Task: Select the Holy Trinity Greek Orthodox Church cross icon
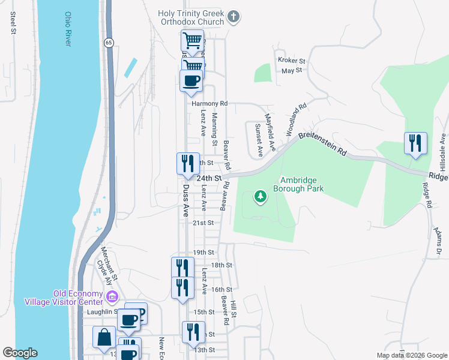click(x=234, y=17)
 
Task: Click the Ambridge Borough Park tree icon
click(x=260, y=196)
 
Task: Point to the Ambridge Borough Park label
click(x=298, y=184)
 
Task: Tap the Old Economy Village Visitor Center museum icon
click(x=112, y=296)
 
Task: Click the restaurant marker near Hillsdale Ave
click(x=415, y=144)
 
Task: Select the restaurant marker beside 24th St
click(x=187, y=164)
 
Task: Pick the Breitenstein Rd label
click(x=323, y=143)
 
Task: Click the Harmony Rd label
click(x=209, y=103)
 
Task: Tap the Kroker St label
click(x=292, y=61)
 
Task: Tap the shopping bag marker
click(x=104, y=338)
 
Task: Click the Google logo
click(x=20, y=353)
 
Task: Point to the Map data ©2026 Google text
click(x=411, y=355)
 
